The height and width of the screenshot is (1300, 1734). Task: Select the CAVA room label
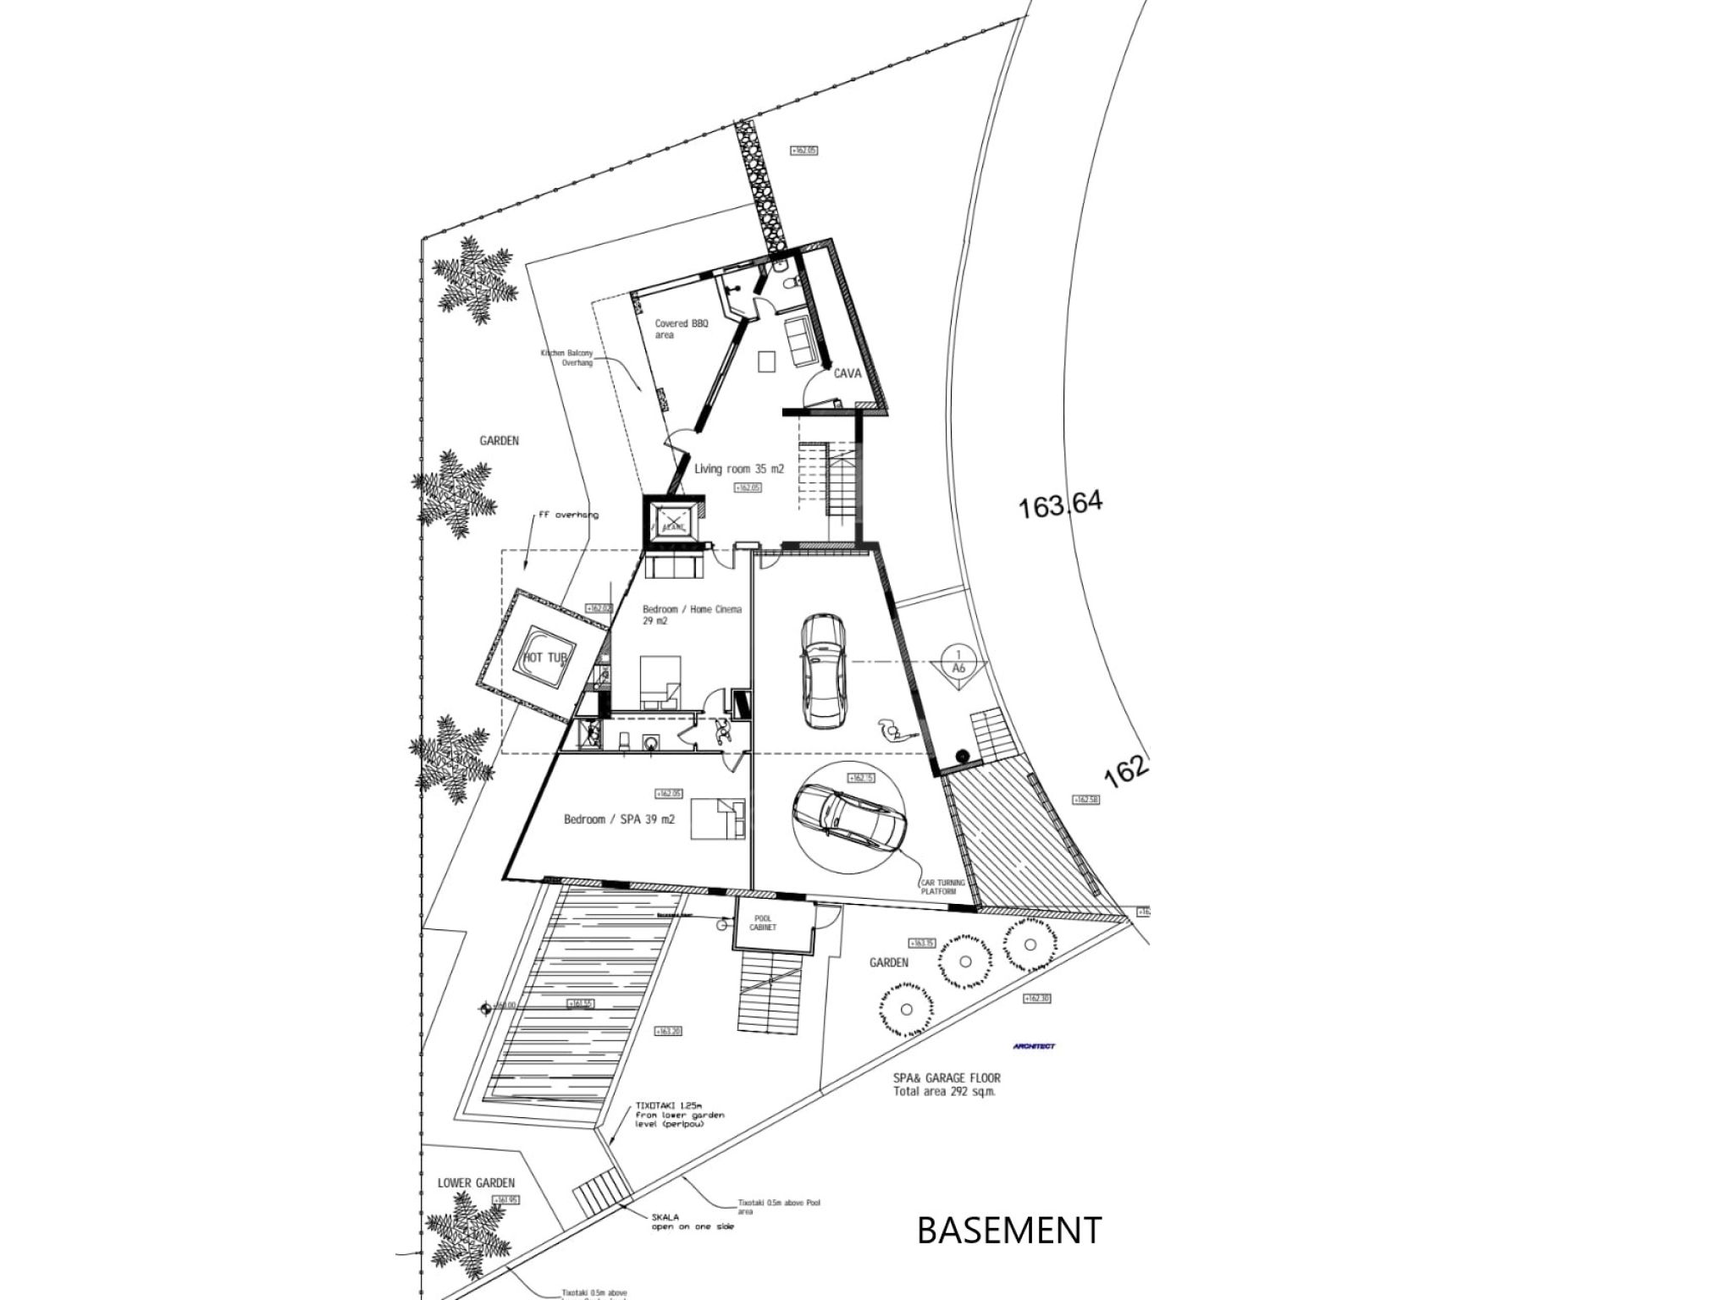tap(848, 372)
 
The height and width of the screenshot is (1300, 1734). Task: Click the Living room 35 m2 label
tap(739, 468)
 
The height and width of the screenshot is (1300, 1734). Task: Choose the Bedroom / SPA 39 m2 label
tap(619, 819)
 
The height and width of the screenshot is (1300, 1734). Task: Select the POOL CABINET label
tap(763, 923)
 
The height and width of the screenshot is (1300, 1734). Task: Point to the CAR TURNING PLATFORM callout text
tap(942, 887)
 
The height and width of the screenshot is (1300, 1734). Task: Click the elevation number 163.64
tap(1061, 505)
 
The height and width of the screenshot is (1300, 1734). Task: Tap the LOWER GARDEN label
tap(476, 1182)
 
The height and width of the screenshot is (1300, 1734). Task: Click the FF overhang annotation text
tap(568, 515)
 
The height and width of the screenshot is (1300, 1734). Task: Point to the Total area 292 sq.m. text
tap(945, 1092)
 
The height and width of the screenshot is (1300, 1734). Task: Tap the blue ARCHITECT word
tap(1034, 1047)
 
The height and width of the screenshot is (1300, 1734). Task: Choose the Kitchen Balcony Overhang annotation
tap(566, 357)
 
